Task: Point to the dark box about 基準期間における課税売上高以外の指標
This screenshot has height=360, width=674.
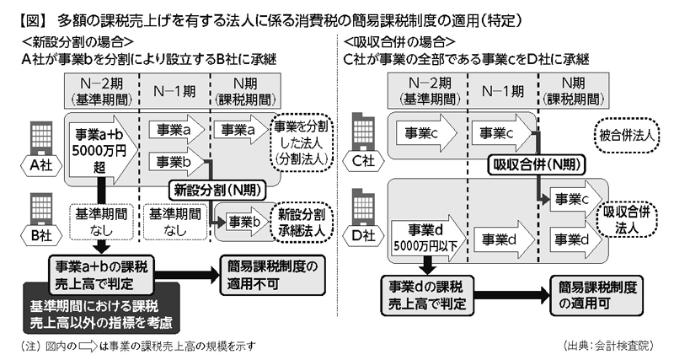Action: tap(104, 313)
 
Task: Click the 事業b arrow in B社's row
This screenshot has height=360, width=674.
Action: tap(239, 223)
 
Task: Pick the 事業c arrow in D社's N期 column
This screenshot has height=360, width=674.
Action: tap(569, 201)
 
